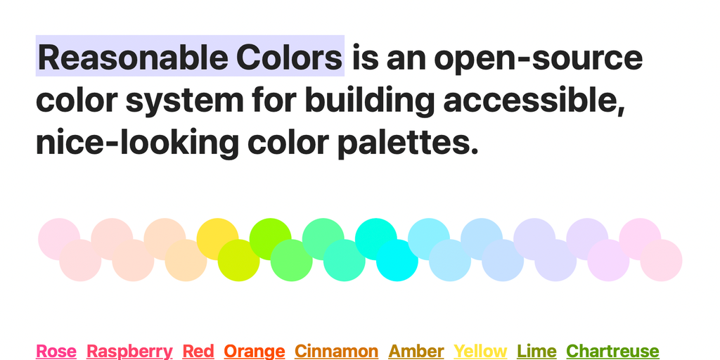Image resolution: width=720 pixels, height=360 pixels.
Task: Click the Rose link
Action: (56, 352)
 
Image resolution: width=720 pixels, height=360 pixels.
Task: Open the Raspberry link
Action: (129, 352)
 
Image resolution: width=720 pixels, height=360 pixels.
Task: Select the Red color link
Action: (198, 352)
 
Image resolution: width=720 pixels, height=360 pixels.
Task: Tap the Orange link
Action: (255, 352)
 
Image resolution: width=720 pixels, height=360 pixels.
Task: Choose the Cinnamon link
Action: (337, 352)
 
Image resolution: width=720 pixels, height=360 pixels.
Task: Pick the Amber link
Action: (416, 352)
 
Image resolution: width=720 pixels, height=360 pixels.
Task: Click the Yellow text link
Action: (480, 352)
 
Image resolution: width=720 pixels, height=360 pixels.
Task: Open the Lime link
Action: (536, 352)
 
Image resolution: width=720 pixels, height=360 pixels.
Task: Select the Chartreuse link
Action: (612, 352)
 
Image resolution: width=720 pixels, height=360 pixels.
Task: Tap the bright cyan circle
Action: (397, 260)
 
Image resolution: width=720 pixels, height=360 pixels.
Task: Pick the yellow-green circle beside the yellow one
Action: (238, 260)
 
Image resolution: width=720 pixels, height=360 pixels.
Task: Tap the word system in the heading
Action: (185, 101)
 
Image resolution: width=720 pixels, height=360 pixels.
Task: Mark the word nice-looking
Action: (137, 143)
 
